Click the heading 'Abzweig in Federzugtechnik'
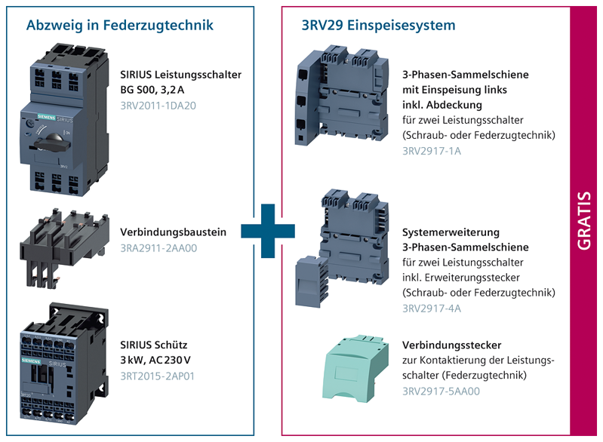tap(119, 26)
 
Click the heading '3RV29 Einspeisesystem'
tap(378, 26)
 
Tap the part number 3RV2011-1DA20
tap(158, 106)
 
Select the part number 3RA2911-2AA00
tap(158, 248)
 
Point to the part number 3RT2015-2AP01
tap(157, 376)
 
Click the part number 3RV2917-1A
tap(432, 151)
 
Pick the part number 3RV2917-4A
tap(432, 308)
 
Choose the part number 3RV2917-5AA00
tap(441, 391)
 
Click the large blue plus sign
tap(268, 231)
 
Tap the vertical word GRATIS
tap(584, 220)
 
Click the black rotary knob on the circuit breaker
tap(53, 142)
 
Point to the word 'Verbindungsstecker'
tap(452, 345)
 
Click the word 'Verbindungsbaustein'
tap(173, 232)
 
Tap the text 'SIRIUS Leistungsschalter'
tap(180, 75)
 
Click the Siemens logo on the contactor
tap(31, 361)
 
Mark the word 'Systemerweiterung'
tap(451, 232)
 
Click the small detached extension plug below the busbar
tap(311, 281)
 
